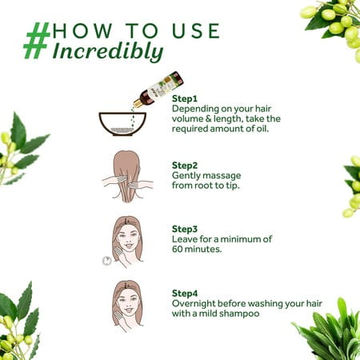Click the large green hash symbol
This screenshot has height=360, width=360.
click(37, 40)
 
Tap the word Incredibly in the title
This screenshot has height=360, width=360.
click(108, 51)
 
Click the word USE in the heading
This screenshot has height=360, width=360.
click(196, 30)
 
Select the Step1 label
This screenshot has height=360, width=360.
click(185, 98)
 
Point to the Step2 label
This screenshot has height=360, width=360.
click(185, 166)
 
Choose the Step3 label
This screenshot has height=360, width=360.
click(185, 229)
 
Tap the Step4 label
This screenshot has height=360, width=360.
click(185, 294)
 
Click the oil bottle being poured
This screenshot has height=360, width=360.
click(159, 89)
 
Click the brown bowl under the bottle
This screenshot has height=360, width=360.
click(122, 124)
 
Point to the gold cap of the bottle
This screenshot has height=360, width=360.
click(138, 103)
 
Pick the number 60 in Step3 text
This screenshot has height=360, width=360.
click(177, 250)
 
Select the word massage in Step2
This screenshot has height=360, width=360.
click(224, 176)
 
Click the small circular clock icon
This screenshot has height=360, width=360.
click(107, 261)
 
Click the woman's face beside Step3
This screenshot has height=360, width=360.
click(128, 238)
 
